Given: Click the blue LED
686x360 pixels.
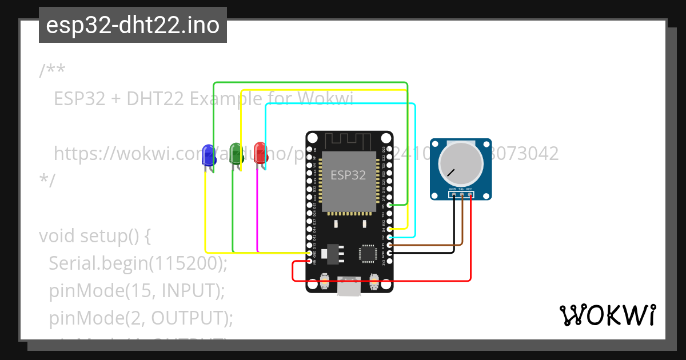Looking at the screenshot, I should (209, 155).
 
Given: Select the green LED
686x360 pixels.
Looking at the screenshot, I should (235, 154).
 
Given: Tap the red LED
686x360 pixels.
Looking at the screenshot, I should (260, 154).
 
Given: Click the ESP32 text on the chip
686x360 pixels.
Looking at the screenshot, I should (348, 175).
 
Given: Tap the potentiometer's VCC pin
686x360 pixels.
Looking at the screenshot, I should (470, 195).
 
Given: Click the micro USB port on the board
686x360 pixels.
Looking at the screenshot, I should (349, 287).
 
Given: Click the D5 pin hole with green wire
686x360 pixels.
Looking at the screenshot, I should (389, 205).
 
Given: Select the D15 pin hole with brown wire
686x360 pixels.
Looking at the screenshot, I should (389, 245).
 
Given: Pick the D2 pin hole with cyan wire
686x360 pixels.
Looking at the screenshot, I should (389, 237).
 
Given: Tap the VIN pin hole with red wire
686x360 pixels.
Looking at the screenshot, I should (309, 261).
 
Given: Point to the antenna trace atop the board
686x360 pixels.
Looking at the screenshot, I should (349, 140).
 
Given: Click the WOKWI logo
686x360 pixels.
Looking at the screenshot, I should (608, 315).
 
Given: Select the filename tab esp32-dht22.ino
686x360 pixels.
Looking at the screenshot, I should (133, 25).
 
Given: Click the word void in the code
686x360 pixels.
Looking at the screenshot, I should (57, 236).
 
